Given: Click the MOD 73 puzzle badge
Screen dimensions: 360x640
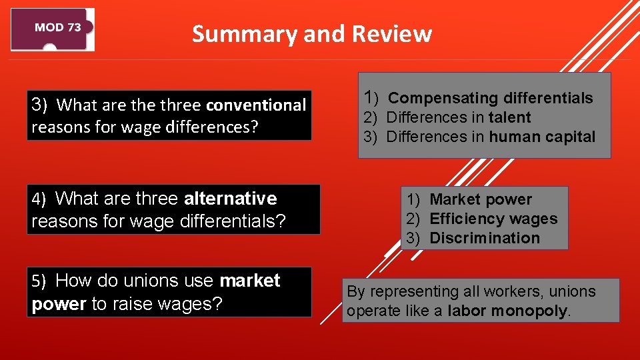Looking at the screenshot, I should (53, 29).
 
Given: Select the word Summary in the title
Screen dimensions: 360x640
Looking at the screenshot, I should (244, 34).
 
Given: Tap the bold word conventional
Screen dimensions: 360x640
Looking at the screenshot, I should (256, 105).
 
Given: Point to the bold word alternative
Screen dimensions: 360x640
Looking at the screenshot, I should (230, 199).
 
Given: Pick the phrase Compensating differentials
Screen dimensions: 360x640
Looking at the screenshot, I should (490, 98).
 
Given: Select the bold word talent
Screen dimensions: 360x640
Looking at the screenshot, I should (509, 117).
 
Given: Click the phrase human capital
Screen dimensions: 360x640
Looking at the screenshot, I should (541, 137).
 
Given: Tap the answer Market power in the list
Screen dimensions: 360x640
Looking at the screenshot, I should (481, 199).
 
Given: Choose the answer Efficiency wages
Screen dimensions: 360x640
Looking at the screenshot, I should (493, 219).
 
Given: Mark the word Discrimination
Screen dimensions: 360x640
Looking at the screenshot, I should (485, 238).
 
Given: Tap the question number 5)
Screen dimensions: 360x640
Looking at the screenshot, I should (39, 281).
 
